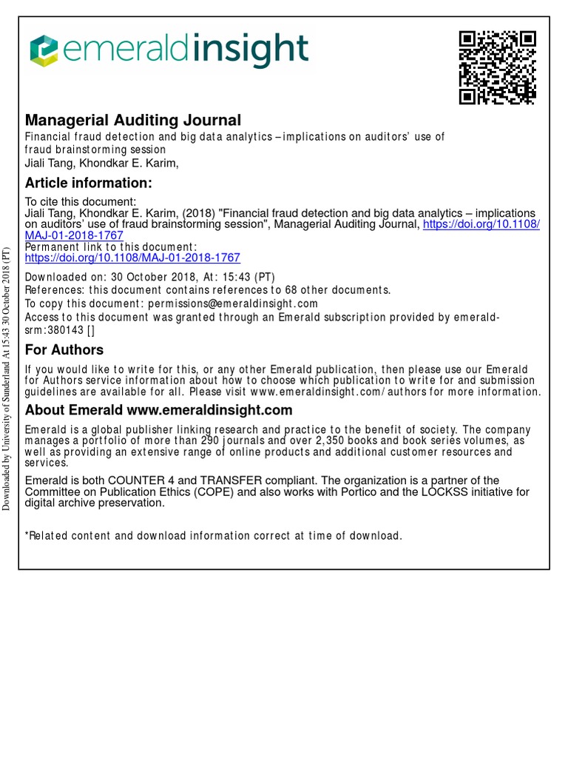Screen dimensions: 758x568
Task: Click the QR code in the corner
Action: click(x=497, y=68)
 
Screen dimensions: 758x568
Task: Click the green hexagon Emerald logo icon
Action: click(x=43, y=50)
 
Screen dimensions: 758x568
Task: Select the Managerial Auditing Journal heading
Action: click(x=133, y=120)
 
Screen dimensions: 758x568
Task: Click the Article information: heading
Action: click(x=89, y=183)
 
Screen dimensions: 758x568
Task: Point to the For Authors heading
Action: click(x=64, y=349)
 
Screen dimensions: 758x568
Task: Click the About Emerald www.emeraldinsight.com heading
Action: click(x=159, y=410)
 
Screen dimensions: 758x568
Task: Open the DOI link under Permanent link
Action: click(x=132, y=258)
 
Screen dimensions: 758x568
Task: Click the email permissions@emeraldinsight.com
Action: click(x=233, y=303)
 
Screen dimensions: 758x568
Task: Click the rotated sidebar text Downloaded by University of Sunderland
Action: click(x=7, y=378)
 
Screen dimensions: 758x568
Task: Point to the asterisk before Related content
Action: click(x=27, y=536)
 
